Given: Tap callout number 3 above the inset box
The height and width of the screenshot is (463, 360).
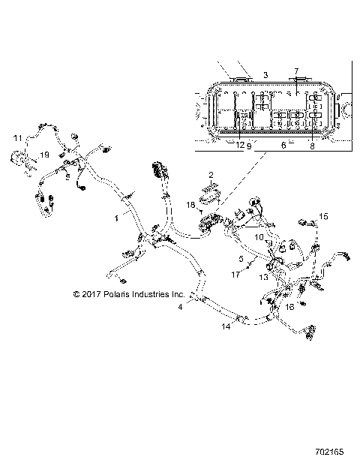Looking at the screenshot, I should (x=265, y=76).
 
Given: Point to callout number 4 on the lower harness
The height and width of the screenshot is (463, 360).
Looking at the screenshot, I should (x=180, y=307).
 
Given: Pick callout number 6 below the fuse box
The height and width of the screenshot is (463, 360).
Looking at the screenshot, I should (x=283, y=145).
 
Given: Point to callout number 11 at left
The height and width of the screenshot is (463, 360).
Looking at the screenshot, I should (x=16, y=138).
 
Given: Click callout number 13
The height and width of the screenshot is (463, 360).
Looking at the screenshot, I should (x=263, y=277).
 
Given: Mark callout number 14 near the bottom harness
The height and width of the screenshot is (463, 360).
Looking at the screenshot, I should (x=226, y=327).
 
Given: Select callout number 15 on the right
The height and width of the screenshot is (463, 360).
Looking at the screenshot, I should (x=324, y=216).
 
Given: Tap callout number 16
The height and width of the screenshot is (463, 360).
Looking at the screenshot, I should (x=289, y=307).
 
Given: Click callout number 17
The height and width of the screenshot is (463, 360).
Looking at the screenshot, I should (x=235, y=275).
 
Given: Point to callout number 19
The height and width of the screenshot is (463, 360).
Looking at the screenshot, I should (x=44, y=154).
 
